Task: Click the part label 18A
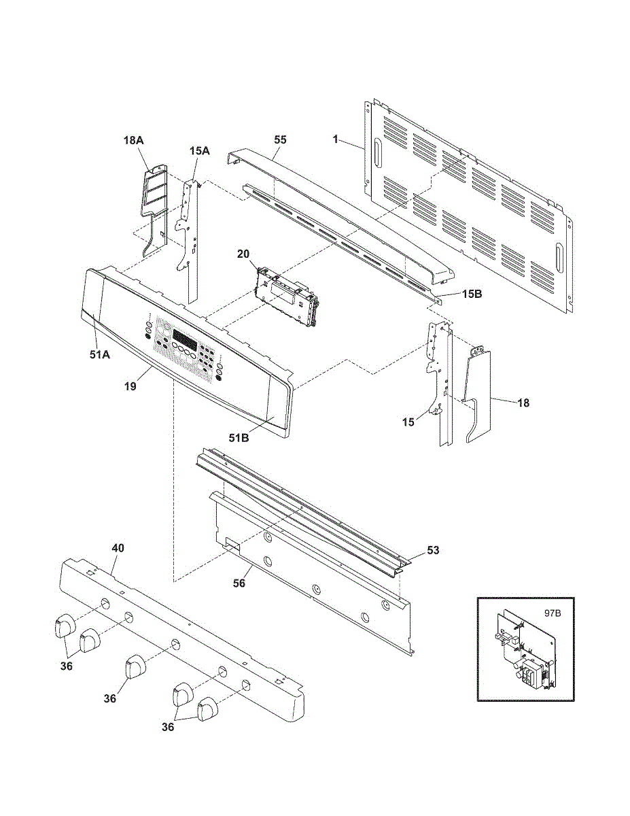pyautogui.click(x=134, y=139)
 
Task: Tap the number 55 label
pyautogui.click(x=280, y=139)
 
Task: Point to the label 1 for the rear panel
pyautogui.click(x=336, y=139)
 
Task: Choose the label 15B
pyautogui.click(x=472, y=294)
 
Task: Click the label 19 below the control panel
pyautogui.click(x=130, y=386)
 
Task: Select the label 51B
pyautogui.click(x=239, y=438)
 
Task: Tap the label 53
pyautogui.click(x=433, y=550)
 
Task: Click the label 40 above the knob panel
pyautogui.click(x=118, y=547)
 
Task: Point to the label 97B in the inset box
pyautogui.click(x=553, y=613)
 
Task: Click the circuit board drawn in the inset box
pyautogui.click(x=525, y=653)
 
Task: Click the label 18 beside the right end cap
pyautogui.click(x=523, y=403)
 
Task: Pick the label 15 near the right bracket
pyautogui.click(x=408, y=422)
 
